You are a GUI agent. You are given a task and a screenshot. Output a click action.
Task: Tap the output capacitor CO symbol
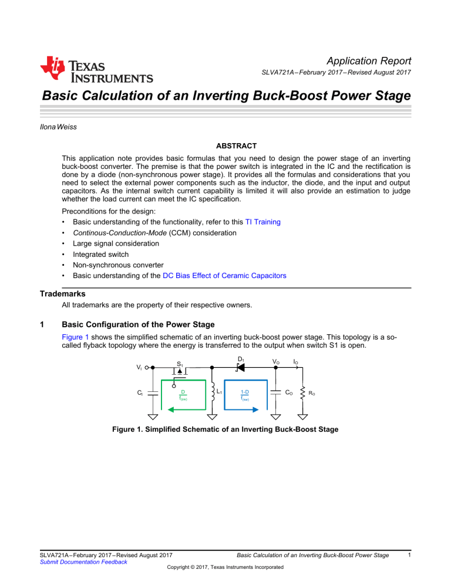[275, 392]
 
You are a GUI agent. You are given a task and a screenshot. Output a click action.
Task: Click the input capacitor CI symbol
[153, 392]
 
